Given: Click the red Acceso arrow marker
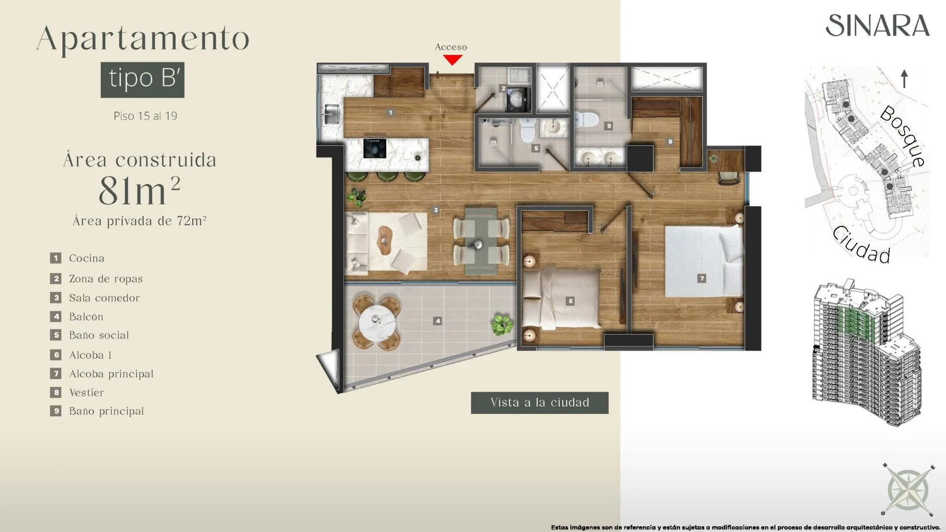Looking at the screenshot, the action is tap(452, 60).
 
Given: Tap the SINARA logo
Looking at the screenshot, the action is tap(877, 26).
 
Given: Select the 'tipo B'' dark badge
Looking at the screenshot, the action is tap(142, 80).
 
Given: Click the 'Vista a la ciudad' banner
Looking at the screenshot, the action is tap(540, 403).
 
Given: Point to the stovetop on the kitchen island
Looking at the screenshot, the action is tap(375, 148).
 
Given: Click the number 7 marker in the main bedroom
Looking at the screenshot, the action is tap(701, 278).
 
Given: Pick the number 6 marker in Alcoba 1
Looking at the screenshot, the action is tap(571, 301).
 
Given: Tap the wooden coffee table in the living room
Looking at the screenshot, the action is tap(385, 240).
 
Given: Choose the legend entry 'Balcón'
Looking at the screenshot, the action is tap(86, 317).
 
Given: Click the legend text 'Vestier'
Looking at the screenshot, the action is tap(86, 392).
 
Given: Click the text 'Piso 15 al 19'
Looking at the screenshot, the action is tap(145, 116).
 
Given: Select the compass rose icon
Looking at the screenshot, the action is tap(908, 490).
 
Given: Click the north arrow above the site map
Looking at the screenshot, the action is tap(904, 79).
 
